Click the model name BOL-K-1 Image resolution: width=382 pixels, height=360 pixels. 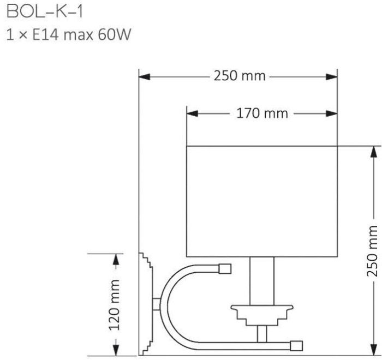pyautogui.click(x=45, y=11)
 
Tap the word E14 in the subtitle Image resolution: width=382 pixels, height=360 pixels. pyautogui.click(x=45, y=34)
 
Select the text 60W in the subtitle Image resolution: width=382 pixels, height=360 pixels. pyautogui.click(x=115, y=34)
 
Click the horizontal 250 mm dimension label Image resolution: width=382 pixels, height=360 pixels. pyautogui.click(x=240, y=76)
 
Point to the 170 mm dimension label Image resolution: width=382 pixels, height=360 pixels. pyautogui.click(x=262, y=113)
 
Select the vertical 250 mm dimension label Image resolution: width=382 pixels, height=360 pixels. pyautogui.click(x=372, y=251)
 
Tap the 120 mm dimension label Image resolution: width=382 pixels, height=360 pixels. pyautogui.click(x=114, y=305)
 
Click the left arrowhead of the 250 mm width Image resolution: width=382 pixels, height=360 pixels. pyautogui.click(x=144, y=77)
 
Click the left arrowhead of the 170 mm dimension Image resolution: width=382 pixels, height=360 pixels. pyautogui.click(x=192, y=113)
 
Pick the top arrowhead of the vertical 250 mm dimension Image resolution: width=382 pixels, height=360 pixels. pyautogui.click(x=374, y=152)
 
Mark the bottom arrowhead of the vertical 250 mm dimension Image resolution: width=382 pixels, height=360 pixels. pyautogui.click(x=374, y=349)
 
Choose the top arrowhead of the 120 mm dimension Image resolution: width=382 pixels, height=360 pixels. pyautogui.click(x=116, y=259)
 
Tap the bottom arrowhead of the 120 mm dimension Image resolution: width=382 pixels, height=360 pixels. pyautogui.click(x=116, y=350)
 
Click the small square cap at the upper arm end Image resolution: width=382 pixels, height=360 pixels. pyautogui.click(x=225, y=269)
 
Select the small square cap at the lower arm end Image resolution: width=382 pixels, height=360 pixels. pyautogui.click(x=296, y=346)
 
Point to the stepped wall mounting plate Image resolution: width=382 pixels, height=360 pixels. pyautogui.click(x=146, y=304)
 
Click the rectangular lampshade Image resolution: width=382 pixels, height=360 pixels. pyautogui.click(x=262, y=201)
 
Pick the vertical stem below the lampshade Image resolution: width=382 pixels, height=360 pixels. pyautogui.click(x=262, y=281)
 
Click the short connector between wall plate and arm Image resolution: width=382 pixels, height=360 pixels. pyautogui.click(x=157, y=304)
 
